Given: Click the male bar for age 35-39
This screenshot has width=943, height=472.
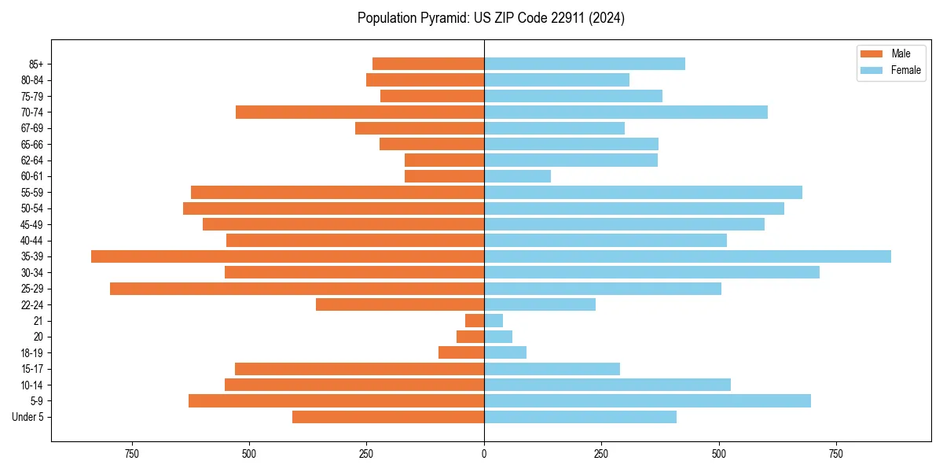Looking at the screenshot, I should click(288, 256).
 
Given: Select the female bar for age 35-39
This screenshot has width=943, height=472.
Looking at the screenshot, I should click(688, 256).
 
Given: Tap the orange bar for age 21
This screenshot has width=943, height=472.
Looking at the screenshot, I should click(475, 321).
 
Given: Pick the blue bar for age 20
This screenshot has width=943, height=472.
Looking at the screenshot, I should click(498, 337).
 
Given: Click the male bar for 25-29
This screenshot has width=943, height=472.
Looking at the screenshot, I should click(297, 289).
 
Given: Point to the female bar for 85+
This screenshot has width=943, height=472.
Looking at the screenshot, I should click(585, 64).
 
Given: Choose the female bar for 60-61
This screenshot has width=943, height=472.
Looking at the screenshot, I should click(517, 176).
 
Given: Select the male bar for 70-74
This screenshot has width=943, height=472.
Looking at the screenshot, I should click(360, 112).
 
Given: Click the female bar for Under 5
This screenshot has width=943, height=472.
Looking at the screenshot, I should click(580, 417).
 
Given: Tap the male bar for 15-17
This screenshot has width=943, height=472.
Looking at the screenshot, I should click(359, 369).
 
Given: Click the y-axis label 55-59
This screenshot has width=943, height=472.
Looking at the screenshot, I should click(32, 193).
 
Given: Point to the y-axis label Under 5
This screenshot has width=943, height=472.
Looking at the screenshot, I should click(28, 417).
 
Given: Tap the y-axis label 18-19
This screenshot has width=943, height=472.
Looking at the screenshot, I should click(32, 353).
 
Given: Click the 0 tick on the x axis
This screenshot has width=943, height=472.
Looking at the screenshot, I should click(484, 454).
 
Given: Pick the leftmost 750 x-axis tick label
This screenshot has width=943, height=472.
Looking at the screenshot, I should click(131, 454).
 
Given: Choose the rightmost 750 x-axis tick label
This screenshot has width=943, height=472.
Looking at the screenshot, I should click(836, 454).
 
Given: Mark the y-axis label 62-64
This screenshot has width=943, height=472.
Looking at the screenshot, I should click(32, 160).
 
